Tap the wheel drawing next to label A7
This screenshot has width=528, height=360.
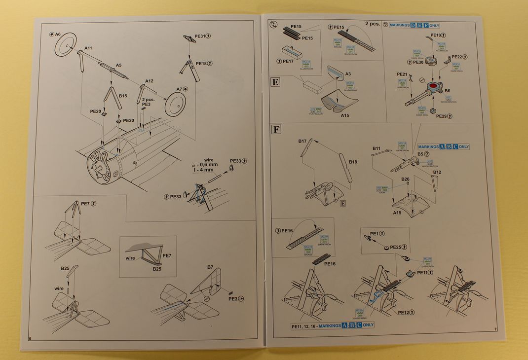[x=175, y=104]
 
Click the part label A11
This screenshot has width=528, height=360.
[x=88, y=48]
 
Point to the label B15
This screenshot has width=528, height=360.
[x=123, y=96]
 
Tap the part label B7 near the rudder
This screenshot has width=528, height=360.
[x=210, y=267]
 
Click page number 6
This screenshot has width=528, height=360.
[x=31, y=338]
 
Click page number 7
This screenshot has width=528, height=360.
[x=494, y=329]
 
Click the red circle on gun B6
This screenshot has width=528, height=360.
[x=433, y=87]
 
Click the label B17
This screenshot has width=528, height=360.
[x=303, y=141]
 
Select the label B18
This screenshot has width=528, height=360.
[x=353, y=162]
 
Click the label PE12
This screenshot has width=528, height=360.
[x=405, y=312]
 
